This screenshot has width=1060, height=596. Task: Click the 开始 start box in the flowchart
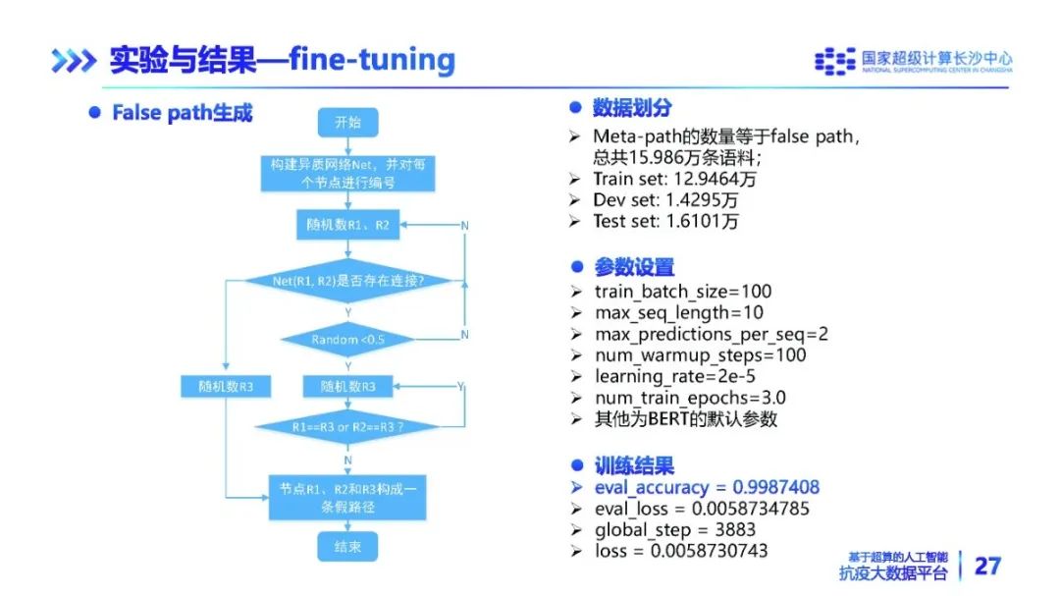click(347, 123)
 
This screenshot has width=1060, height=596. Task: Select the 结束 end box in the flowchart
click(347, 546)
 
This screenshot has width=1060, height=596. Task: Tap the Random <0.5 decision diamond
click(347, 340)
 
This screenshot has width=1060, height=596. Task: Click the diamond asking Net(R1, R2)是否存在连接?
click(347, 282)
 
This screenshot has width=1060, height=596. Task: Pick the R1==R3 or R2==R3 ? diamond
click(347, 428)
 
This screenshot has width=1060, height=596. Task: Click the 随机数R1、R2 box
click(347, 225)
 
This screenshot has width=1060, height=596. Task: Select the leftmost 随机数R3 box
click(226, 387)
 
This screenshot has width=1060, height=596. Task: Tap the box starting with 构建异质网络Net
click(347, 174)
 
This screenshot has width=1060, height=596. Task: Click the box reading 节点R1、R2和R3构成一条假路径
click(347, 497)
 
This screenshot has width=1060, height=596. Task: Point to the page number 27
click(986, 566)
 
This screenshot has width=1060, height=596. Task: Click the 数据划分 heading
click(632, 108)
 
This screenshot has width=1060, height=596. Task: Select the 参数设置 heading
click(634, 266)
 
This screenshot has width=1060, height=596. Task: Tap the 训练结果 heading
click(634, 465)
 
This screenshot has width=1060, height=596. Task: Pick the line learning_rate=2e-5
click(674, 376)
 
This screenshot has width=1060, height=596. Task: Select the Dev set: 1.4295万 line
click(665, 200)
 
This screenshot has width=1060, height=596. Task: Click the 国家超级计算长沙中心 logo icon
click(835, 61)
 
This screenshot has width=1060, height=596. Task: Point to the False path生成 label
click(182, 113)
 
